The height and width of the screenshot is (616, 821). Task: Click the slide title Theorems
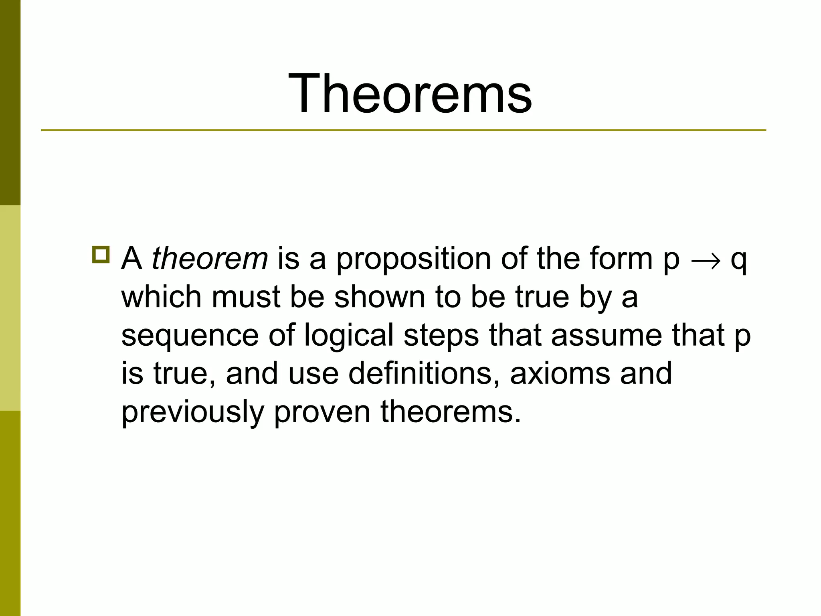tap(410, 94)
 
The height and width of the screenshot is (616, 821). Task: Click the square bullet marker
tap(100, 255)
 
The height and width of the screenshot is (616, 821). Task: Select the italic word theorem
tap(210, 259)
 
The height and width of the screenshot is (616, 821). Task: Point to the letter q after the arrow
tap(738, 261)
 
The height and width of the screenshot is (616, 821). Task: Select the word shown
tap(379, 297)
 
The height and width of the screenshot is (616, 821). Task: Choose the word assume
tap(606, 335)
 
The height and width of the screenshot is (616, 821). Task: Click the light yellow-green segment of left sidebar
tap(10, 308)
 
